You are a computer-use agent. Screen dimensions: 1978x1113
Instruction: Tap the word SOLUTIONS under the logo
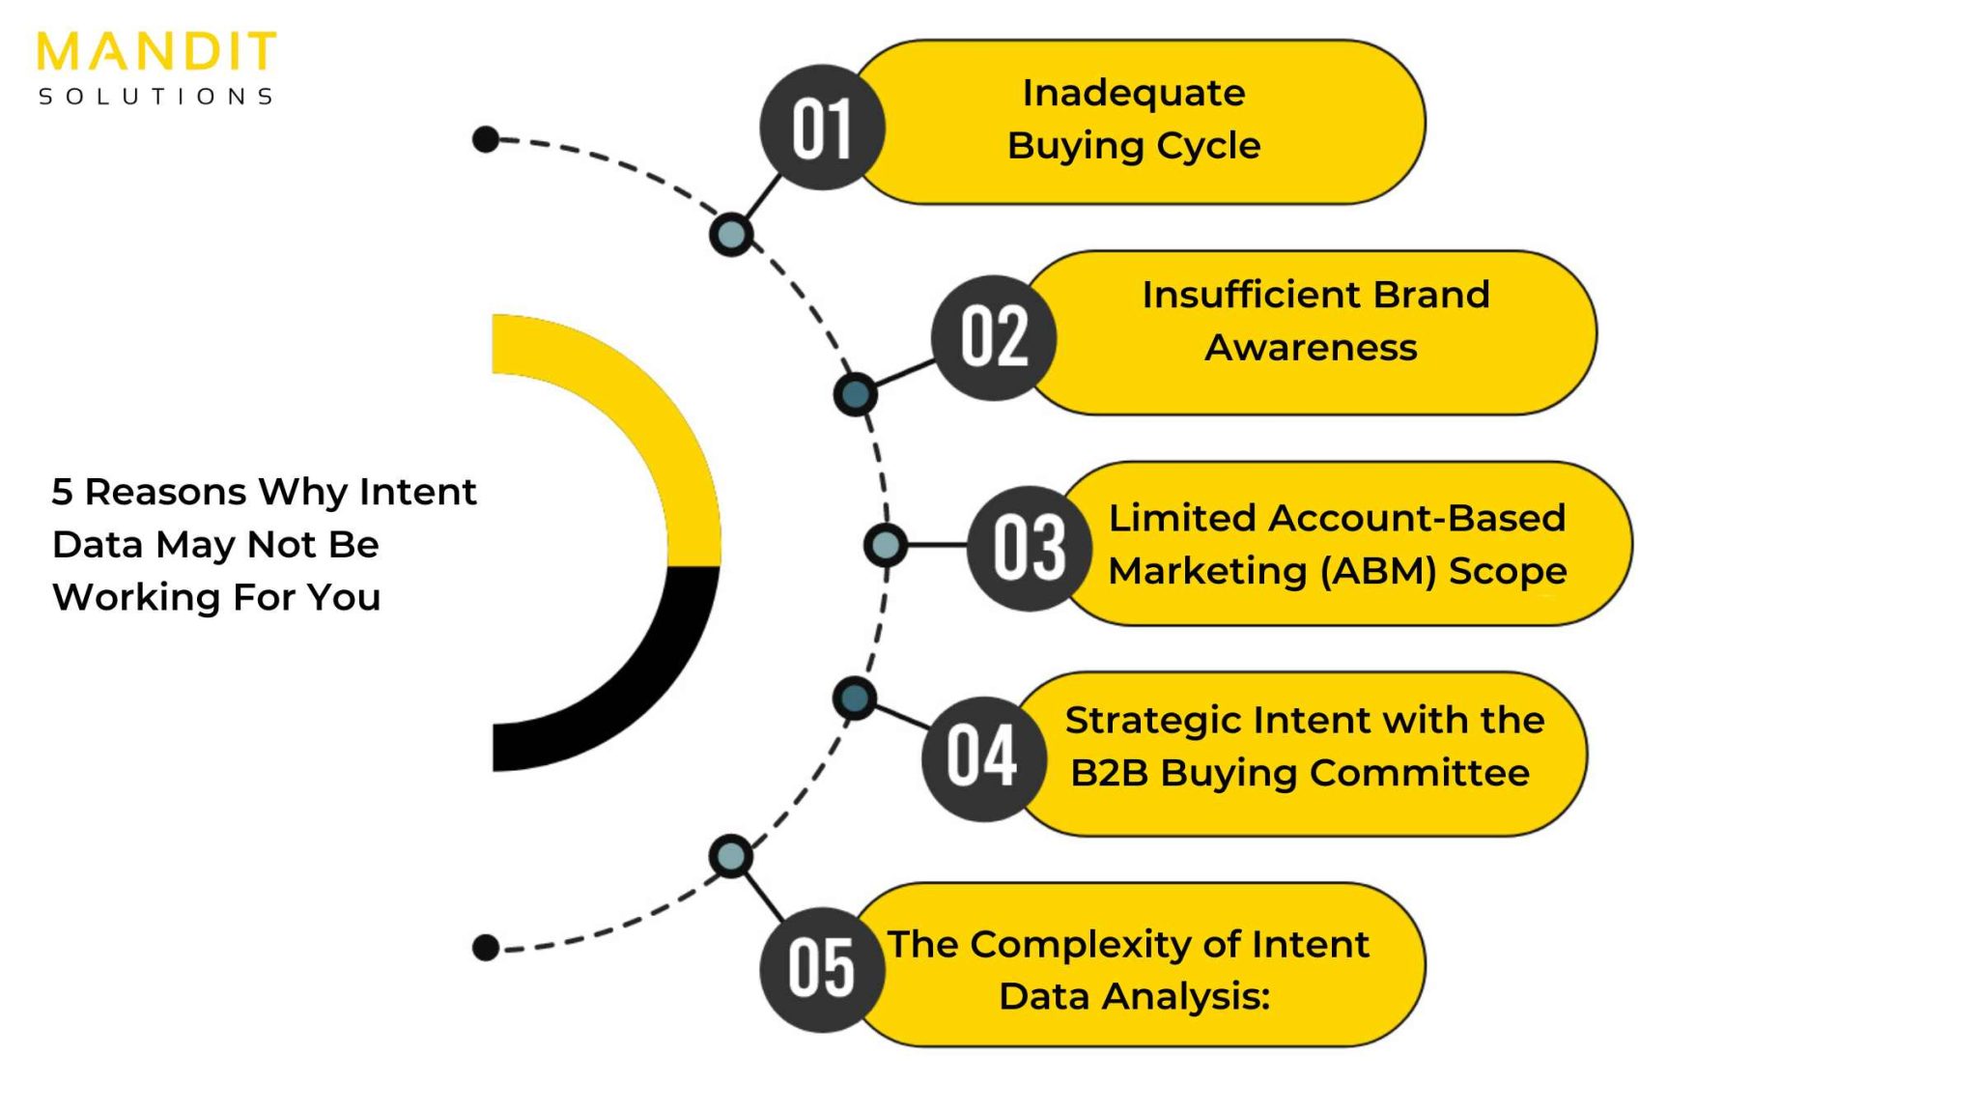[156, 97]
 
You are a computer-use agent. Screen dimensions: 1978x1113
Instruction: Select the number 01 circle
[822, 128]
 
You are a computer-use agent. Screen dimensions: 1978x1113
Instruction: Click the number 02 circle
[994, 337]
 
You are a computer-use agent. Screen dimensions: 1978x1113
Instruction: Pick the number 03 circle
[1030, 548]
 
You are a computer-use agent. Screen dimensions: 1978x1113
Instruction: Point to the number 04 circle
[983, 758]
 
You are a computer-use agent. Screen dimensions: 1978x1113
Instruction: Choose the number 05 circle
[822, 969]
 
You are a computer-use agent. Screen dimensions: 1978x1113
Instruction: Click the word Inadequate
[1134, 94]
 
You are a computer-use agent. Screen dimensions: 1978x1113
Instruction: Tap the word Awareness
[1311, 348]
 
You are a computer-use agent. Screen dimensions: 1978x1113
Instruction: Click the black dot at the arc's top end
[486, 140]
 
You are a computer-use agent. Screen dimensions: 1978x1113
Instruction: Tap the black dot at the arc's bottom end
[486, 948]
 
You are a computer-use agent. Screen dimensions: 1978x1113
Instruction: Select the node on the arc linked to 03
[886, 546]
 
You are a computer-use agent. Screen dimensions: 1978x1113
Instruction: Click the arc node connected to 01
[731, 235]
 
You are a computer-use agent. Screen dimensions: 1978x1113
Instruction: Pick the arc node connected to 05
[731, 857]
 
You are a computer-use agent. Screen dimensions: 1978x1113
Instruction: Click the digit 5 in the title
[62, 493]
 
